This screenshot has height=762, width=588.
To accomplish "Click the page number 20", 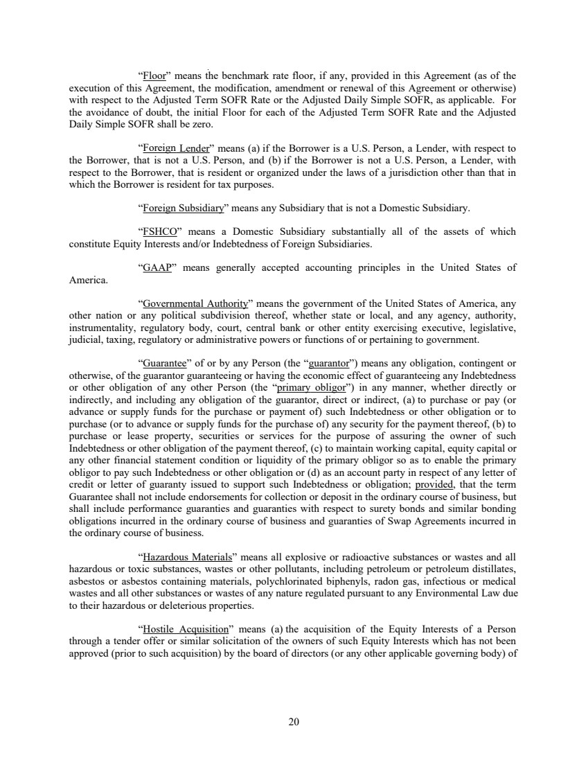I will tap(294, 723).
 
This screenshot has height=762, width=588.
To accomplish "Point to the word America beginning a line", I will tap(89, 280).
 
